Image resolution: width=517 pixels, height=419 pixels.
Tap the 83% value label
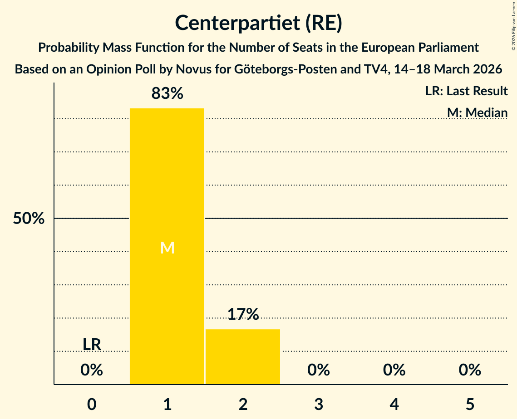[x=167, y=94]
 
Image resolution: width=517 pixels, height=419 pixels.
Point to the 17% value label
[x=243, y=314]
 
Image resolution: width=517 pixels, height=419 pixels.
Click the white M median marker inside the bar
[x=167, y=248]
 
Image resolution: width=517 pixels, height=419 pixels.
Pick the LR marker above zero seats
[x=92, y=345]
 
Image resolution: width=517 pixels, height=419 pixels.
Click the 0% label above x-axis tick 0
[x=92, y=370]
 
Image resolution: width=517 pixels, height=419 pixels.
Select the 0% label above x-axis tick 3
[x=319, y=370]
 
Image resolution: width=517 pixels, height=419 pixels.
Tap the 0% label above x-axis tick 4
[x=394, y=370]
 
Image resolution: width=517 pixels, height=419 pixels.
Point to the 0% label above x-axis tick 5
[x=470, y=370]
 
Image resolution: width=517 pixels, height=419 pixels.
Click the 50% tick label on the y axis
[x=29, y=219]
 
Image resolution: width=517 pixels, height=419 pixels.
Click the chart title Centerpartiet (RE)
[x=258, y=23]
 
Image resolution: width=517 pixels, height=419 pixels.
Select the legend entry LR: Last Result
[x=466, y=91]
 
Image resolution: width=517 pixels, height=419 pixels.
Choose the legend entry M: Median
[x=477, y=112]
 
